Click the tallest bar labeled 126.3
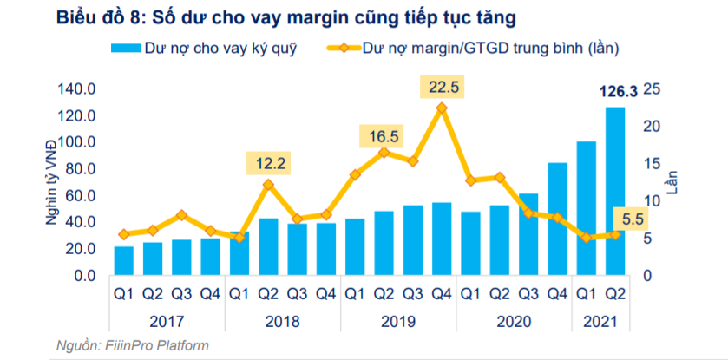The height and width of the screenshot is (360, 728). point(615,191)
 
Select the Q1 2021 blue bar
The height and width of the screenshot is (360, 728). point(587,208)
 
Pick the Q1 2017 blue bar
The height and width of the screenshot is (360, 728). point(124,260)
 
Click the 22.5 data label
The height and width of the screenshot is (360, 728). point(442,87)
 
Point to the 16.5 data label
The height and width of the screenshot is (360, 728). point(383,136)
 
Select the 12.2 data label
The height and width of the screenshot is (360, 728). point(267,161)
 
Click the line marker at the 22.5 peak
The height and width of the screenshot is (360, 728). point(442,108)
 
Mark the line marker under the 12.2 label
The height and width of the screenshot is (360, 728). point(268,184)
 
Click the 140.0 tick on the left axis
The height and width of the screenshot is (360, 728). point(75,89)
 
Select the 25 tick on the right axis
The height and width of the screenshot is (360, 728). point(653,89)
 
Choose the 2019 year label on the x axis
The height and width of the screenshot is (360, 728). point(398,321)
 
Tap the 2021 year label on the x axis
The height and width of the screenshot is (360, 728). point(600,321)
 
